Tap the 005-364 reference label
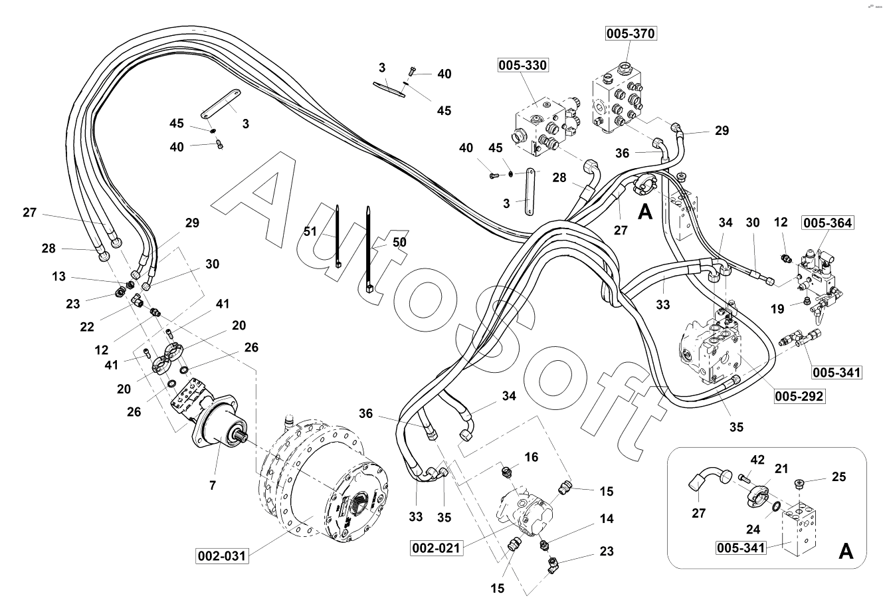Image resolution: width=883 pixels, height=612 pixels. pos(827,223)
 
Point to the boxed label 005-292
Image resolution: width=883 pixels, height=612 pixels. pos(799,397)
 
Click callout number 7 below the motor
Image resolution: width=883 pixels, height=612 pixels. pos(213,485)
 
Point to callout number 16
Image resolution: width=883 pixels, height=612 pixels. pos(531,457)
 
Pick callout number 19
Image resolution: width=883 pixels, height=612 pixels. pos(778,308)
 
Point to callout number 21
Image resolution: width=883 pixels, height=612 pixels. pos(781,469)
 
